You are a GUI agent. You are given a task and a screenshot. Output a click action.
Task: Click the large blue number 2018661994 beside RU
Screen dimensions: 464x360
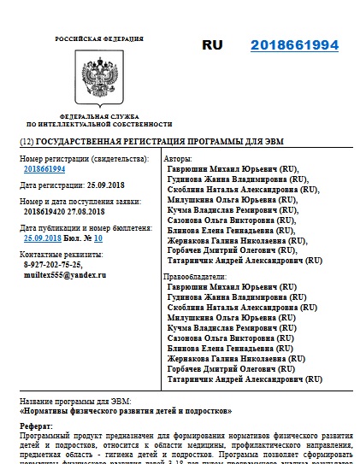tap(294, 45)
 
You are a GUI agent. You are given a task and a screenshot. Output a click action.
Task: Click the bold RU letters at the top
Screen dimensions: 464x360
tap(215, 45)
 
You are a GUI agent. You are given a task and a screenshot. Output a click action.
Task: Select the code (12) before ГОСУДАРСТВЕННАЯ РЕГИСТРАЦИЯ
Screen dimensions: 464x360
tap(27, 140)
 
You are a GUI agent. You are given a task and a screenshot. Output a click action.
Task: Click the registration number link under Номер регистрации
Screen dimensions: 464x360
tap(44, 170)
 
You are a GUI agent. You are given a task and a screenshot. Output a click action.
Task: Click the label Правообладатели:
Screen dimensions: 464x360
tap(196, 277)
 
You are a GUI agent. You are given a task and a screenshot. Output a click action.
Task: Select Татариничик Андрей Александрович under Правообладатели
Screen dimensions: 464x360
tap(245, 378)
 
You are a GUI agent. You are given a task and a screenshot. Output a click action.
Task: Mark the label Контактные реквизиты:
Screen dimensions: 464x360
tap(60, 255)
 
